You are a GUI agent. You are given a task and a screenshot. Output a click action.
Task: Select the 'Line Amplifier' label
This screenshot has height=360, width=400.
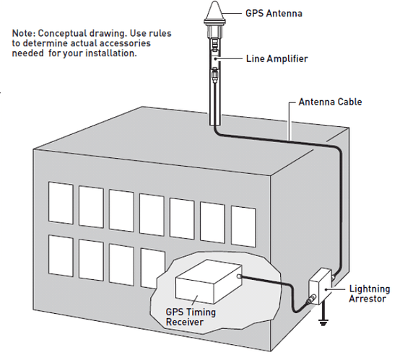[x=277, y=57]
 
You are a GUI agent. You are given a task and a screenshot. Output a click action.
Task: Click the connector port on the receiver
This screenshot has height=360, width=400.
[x=240, y=276]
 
